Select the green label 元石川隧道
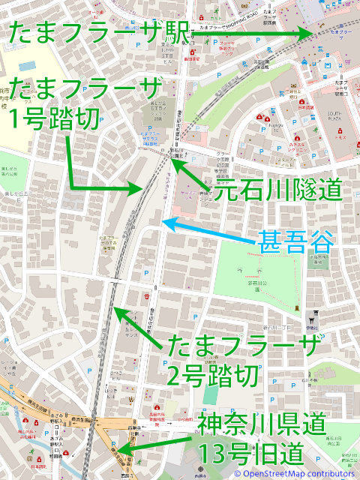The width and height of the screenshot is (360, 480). click(x=278, y=190)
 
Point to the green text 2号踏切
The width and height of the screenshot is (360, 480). click(x=214, y=373)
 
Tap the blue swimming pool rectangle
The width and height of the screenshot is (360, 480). click(x=27, y=66)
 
